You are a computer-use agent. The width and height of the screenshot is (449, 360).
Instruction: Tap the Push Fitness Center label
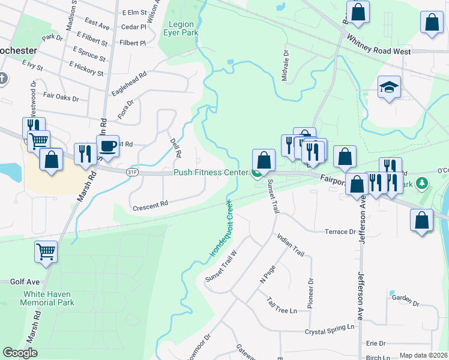click(x=211, y=172)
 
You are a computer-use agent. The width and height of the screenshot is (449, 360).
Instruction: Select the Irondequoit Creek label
click(x=221, y=229)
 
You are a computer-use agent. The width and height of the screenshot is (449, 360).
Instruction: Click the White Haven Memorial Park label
click(x=47, y=298)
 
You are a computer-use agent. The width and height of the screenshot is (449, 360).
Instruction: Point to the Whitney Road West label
click(x=379, y=52)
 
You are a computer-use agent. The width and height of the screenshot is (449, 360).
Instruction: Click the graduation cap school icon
click(x=389, y=88)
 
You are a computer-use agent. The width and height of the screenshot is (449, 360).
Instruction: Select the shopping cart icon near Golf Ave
click(x=46, y=253)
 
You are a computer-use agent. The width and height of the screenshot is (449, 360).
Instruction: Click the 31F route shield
click(x=133, y=172)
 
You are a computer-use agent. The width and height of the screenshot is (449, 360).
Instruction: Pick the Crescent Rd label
click(x=150, y=206)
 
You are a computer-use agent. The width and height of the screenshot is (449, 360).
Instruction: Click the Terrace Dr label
click(x=340, y=232)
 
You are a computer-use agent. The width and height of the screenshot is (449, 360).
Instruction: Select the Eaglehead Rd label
click(x=129, y=84)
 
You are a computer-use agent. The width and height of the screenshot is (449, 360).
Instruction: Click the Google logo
click(x=20, y=353)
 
